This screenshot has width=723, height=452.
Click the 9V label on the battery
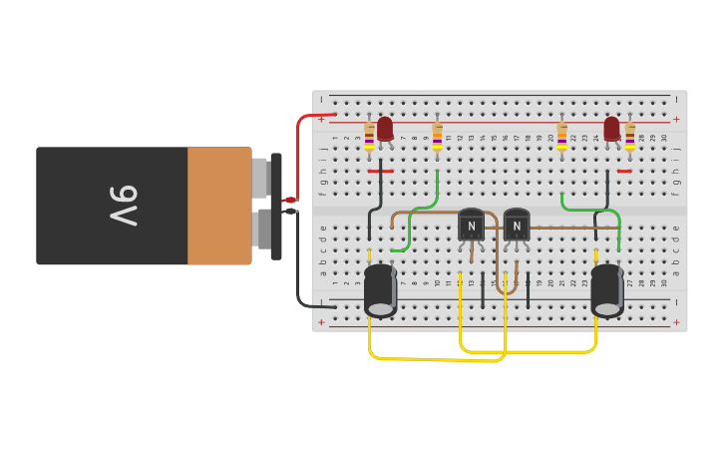point(123,206)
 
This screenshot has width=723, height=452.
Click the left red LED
point(385,129)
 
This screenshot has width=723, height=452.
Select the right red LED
point(611,129)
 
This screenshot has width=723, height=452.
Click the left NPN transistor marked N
point(471,225)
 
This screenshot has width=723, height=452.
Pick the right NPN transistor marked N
point(516,225)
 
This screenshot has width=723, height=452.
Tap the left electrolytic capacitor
point(380,289)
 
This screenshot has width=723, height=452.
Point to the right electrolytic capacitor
point(606,289)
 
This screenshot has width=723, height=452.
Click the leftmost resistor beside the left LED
point(369,138)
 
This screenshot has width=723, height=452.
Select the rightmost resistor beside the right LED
point(629,138)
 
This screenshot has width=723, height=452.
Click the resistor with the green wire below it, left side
point(437,138)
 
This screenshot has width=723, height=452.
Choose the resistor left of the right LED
point(561,138)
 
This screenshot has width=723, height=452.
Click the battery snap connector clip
point(275,206)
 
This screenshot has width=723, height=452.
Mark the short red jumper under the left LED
point(380,172)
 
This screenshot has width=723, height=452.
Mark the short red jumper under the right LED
point(624,172)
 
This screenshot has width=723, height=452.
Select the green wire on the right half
point(588,210)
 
